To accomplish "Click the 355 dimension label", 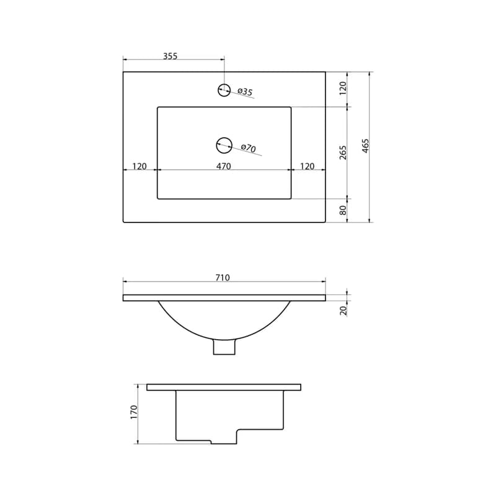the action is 170,56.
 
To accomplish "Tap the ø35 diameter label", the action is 245,92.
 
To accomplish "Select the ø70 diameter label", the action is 249,148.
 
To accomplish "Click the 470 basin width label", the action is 224,166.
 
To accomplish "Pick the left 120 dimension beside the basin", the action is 139,166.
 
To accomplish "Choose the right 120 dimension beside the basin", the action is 307,166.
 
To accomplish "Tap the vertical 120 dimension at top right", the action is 343,88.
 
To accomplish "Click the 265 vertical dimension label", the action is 343,153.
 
